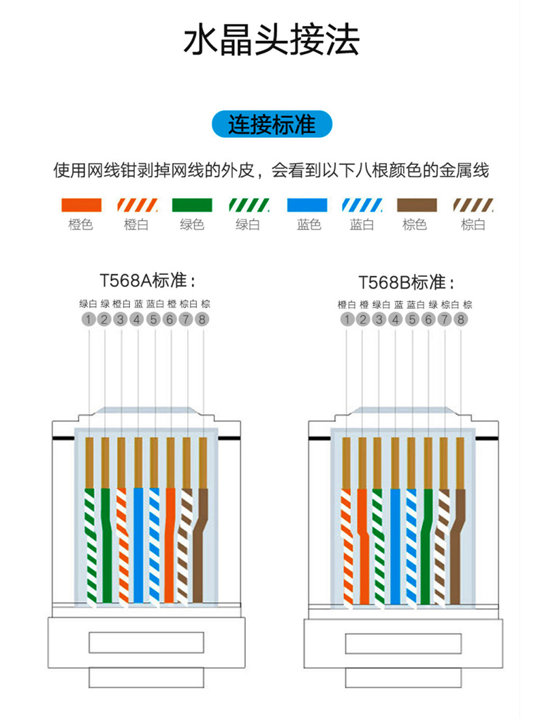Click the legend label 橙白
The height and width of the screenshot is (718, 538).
tap(136, 224)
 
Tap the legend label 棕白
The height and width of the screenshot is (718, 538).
tap(473, 224)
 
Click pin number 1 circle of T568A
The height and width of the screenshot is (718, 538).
tap(88, 319)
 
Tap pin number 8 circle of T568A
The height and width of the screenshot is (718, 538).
tap(203, 319)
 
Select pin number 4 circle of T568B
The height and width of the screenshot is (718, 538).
tap(396, 319)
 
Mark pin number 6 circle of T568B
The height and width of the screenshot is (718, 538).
tap(428, 319)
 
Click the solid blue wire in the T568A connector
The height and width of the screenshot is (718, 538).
tap(138, 545)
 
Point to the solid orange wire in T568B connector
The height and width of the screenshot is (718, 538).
tap(363, 545)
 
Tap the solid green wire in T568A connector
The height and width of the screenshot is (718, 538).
tap(106, 545)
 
